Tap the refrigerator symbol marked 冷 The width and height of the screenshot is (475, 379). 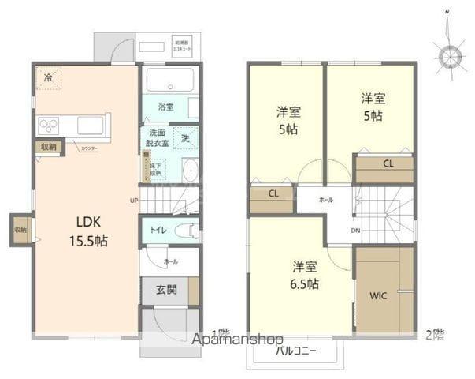[49, 77]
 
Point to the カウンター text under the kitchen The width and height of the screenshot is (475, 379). [88, 148]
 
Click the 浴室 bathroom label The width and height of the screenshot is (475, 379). [165, 106]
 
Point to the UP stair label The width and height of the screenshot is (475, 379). [134, 201]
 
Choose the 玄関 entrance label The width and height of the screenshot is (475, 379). [165, 289]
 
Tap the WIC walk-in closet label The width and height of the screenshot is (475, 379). [379, 296]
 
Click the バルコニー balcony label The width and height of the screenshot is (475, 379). [296, 350]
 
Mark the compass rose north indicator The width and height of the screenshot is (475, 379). [451, 57]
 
